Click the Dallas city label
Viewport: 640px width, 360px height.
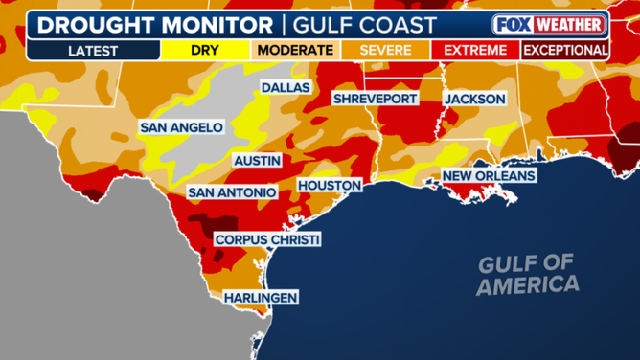click(x=286, y=87)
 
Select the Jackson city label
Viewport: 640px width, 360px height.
click(x=474, y=99)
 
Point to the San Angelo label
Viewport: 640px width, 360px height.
click(x=181, y=126)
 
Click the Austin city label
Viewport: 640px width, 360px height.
click(x=257, y=161)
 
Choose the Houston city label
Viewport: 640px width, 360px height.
click(x=329, y=185)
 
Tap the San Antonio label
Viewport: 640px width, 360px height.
click(x=233, y=192)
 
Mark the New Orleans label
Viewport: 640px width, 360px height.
click(x=488, y=176)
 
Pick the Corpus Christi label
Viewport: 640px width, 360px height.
click(x=266, y=239)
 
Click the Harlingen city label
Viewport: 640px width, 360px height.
click(x=260, y=298)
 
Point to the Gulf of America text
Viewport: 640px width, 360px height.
click(x=529, y=274)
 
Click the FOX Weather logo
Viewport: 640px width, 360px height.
click(x=549, y=24)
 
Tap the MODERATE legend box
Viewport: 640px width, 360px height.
click(x=294, y=50)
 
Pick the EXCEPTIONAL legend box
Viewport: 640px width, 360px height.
click(x=564, y=50)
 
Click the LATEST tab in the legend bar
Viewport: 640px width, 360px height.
click(x=92, y=50)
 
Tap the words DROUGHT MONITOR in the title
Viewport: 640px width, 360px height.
click(x=141, y=23)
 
